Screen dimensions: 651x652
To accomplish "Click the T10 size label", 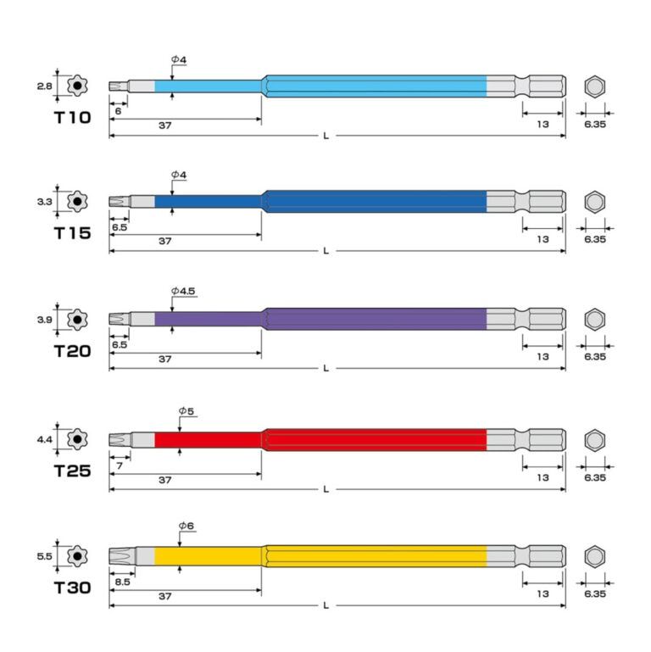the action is pos(72,117).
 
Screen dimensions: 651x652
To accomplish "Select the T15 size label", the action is pos(72,233).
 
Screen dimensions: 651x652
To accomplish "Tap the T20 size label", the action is pos(72,351).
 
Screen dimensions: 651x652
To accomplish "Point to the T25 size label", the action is pos(72,471).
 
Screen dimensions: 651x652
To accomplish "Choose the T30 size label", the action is pos(72,588).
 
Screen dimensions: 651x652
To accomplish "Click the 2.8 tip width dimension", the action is pos(44,86).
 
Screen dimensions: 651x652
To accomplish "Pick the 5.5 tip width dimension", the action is pos(44,556).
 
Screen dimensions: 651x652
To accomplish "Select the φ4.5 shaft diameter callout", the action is pos(183,291).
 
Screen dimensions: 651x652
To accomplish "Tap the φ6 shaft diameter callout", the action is pos(186,526).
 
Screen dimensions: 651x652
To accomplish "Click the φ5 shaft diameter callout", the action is pos(186,411).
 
